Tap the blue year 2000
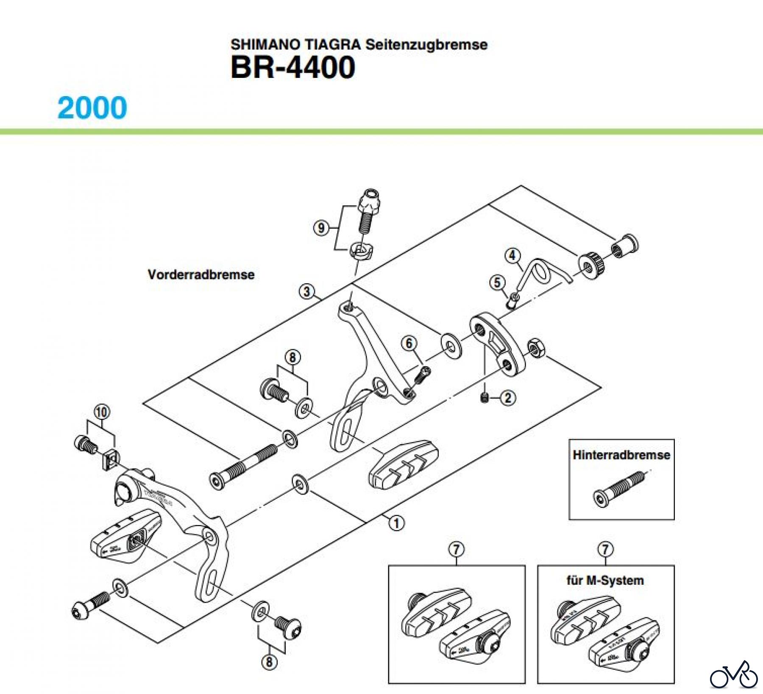coord(92,108)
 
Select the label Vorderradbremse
coord(201,274)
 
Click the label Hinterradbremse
coord(621,455)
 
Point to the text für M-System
coord(605,580)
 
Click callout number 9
coord(321,228)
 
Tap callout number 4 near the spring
coord(512,255)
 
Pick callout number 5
coord(497,282)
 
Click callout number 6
coord(409,343)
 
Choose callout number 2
coord(508,398)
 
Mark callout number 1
coord(396,523)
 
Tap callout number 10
coord(102,412)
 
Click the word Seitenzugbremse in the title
coord(426,44)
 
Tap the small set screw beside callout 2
coord(485,397)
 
